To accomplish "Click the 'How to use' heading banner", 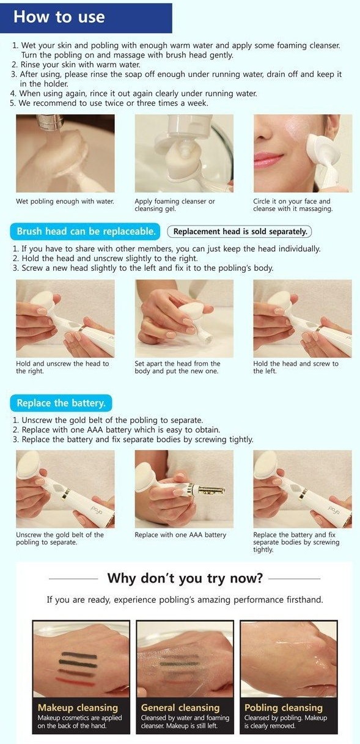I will (x=86, y=17).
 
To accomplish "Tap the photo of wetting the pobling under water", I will (x=65, y=153).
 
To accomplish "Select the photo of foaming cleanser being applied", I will (x=183, y=153).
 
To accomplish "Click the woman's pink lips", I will (x=269, y=160).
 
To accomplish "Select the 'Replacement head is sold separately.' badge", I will (x=239, y=232).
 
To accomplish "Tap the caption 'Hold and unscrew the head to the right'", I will (x=62, y=367).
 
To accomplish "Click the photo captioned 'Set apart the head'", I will (x=183, y=319).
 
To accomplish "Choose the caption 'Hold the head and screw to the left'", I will (x=296, y=367).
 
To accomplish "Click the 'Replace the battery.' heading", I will (x=61, y=403).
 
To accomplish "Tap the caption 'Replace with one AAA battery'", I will (x=180, y=535).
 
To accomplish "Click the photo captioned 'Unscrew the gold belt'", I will (x=65, y=489).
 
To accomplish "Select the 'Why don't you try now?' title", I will (x=185, y=578).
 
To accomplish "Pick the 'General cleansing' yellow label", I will (x=180, y=708).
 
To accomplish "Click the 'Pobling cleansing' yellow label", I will (x=283, y=708).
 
